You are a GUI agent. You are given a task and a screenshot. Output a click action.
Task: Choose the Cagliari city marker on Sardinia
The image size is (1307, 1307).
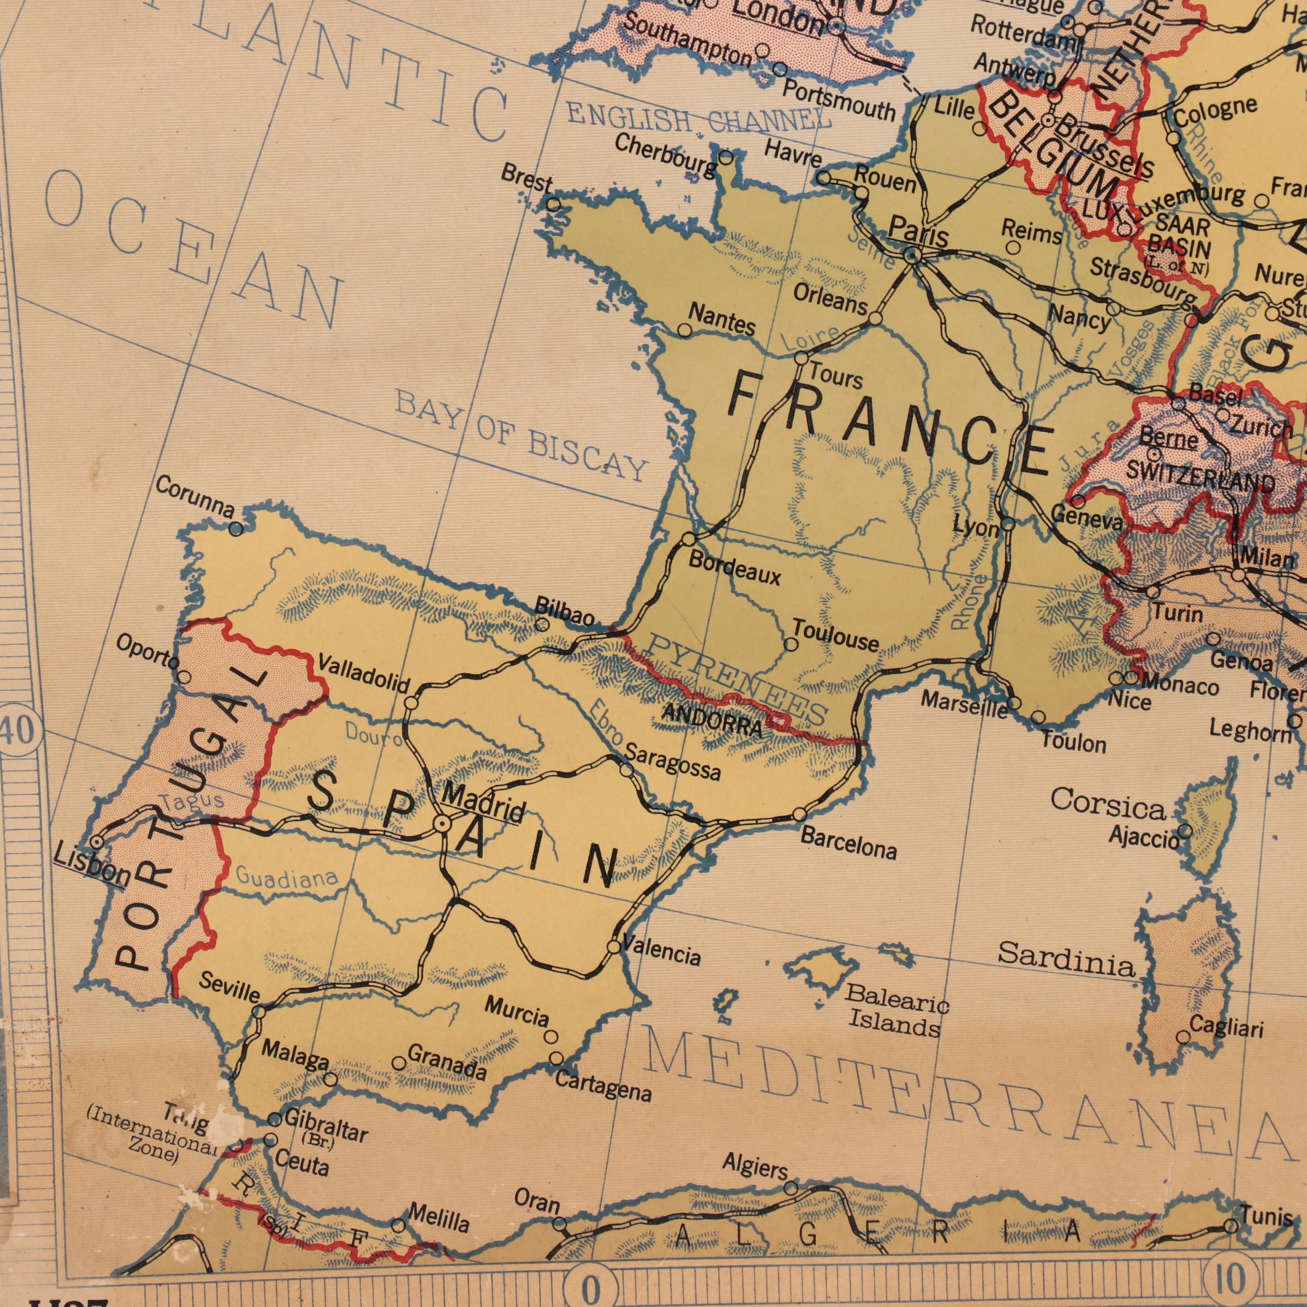click(1183, 1037)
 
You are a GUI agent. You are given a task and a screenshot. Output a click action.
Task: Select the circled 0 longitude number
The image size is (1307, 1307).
click(590, 1287)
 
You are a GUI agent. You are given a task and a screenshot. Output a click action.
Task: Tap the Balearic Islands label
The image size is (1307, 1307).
click(897, 1011)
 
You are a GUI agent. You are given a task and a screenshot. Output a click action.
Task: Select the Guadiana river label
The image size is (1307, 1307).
click(287, 878)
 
